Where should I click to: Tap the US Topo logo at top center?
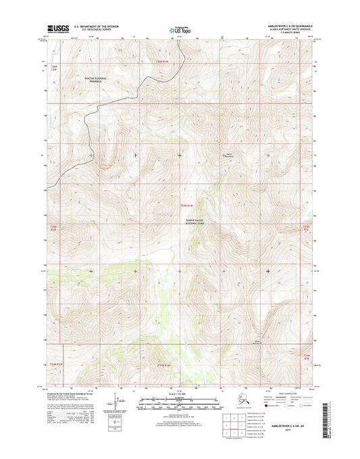(x=180, y=30)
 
